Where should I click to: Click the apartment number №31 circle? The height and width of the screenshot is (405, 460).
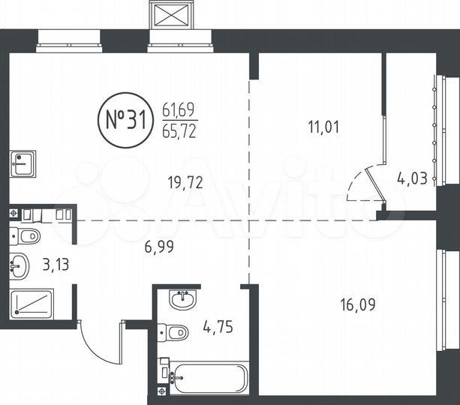click(x=125, y=120)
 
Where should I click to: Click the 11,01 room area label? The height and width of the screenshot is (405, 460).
click(x=324, y=127)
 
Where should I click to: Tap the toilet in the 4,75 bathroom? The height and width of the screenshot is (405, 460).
click(x=176, y=331)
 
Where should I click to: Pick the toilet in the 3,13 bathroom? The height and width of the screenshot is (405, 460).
click(x=27, y=238)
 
